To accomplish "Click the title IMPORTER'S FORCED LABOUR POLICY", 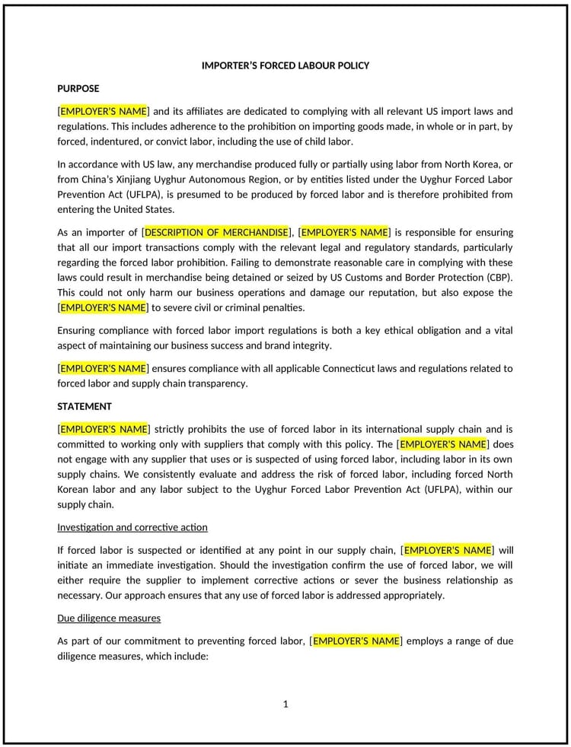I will pos(285,65).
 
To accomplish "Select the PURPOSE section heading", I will pos(78,88).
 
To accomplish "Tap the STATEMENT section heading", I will pos(85,406).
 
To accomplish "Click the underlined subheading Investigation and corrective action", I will pos(132,527).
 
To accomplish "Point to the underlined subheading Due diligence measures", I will pos(109,618).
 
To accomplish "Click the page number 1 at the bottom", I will pos(285,704).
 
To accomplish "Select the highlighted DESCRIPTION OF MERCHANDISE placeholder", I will pos(217,232).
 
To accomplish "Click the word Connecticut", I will pos(353,368).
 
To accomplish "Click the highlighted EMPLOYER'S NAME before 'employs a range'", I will pos(356,641).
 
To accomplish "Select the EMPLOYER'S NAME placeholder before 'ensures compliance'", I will pos(104,368).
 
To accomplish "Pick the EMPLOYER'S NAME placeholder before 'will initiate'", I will pos(447,550).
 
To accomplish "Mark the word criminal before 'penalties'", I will pos(223,307).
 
